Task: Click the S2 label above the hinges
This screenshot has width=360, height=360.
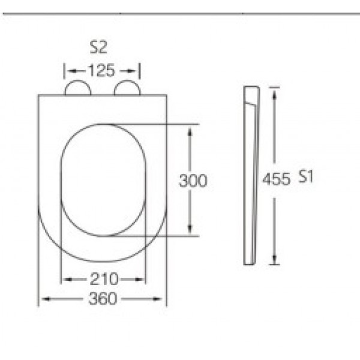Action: [98, 47]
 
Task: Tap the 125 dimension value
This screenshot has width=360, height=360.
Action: [101, 70]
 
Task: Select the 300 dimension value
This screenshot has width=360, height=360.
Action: [193, 181]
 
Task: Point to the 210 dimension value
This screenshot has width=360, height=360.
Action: [104, 279]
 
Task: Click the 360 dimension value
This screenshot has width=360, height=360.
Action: [103, 299]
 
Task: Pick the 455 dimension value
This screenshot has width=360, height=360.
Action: [276, 179]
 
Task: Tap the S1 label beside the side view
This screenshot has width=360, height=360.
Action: [306, 177]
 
